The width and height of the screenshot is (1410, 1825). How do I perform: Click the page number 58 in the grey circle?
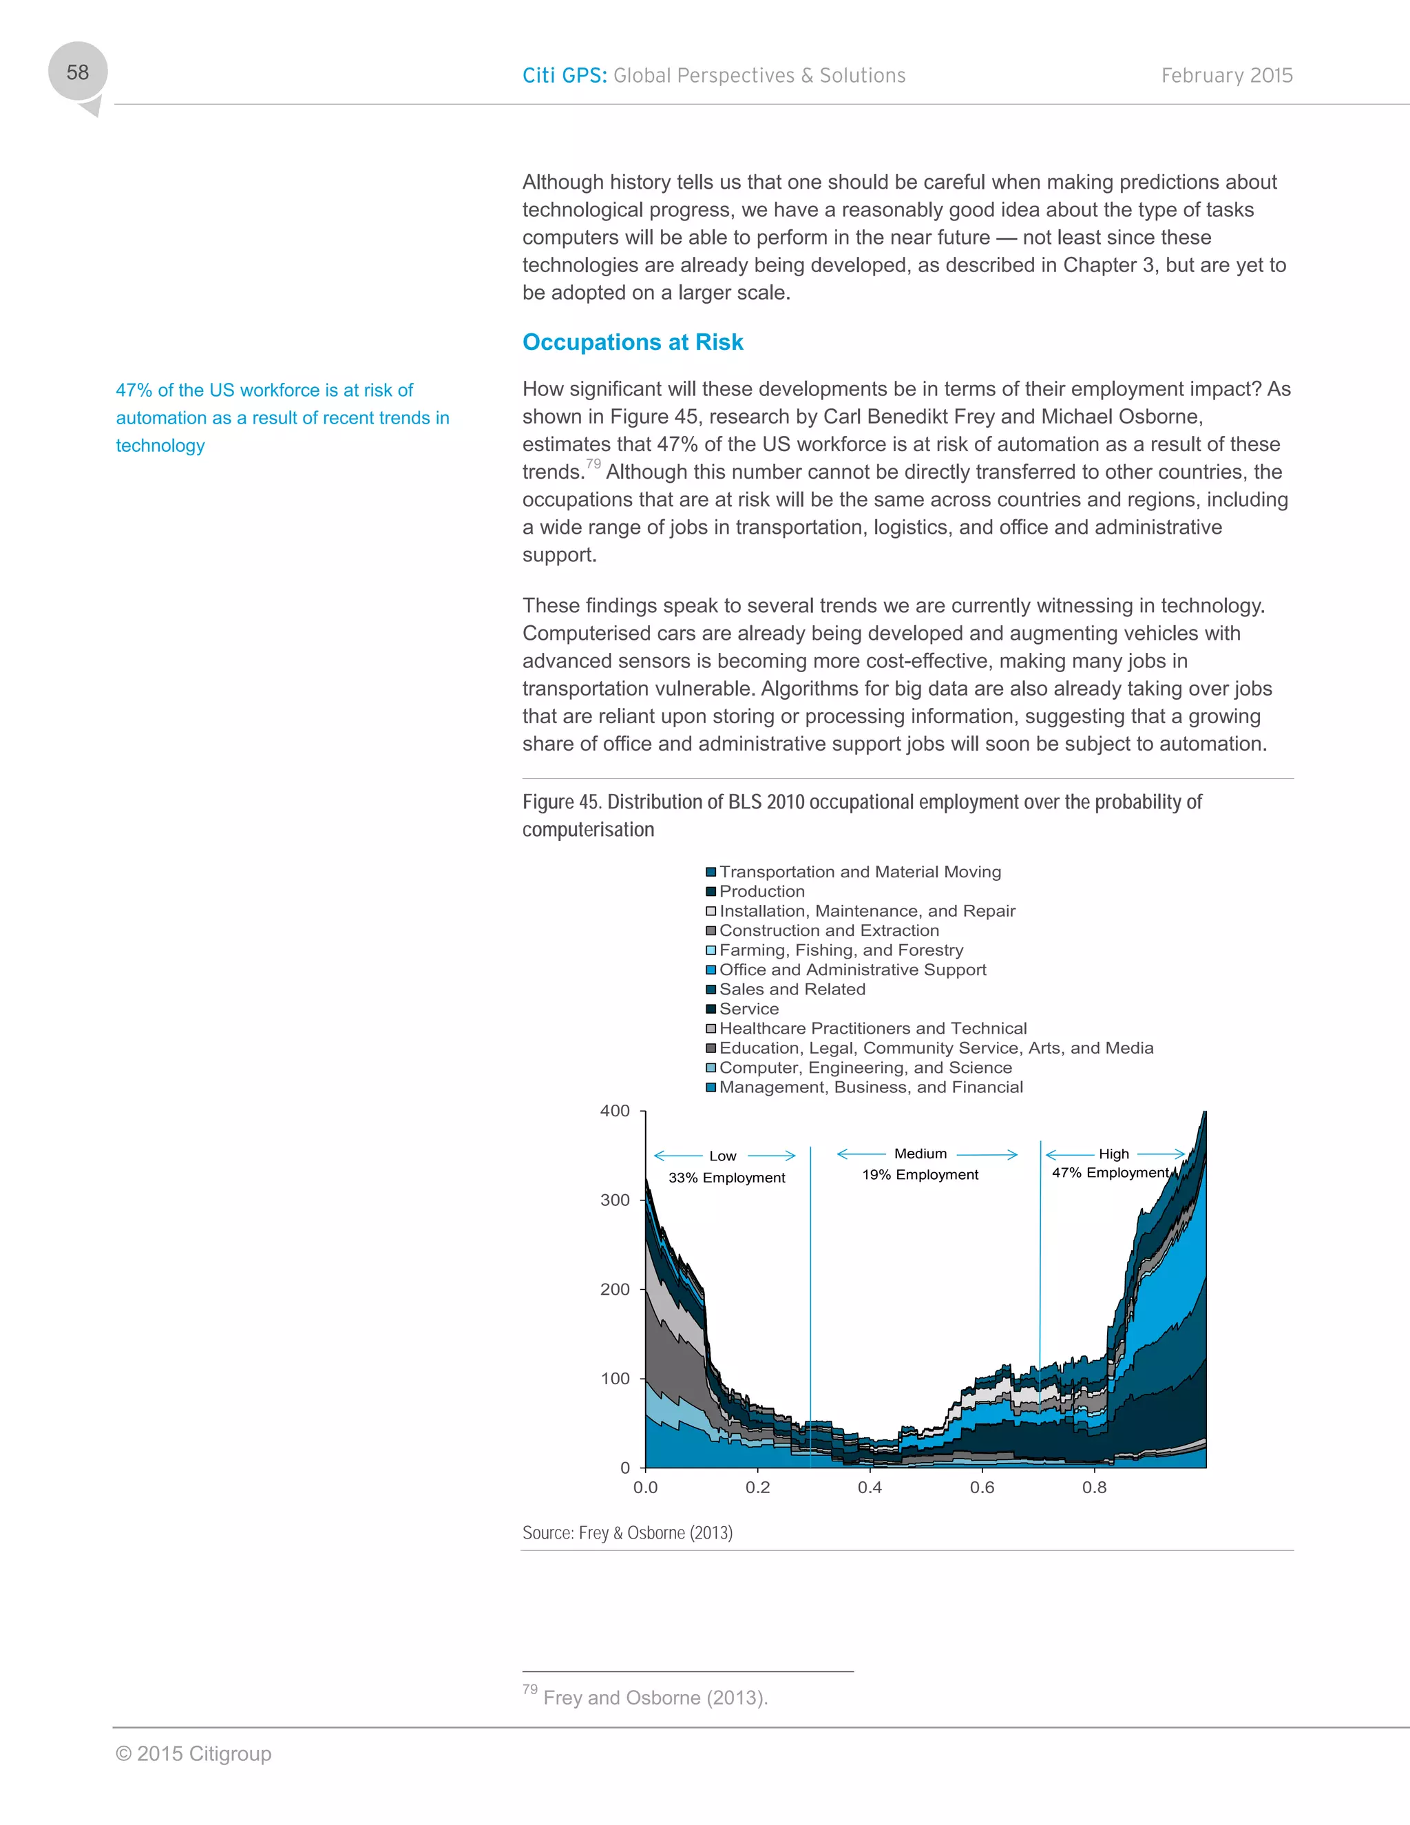pyautogui.click(x=78, y=73)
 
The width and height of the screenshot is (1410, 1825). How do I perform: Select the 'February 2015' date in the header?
pyautogui.click(x=1226, y=76)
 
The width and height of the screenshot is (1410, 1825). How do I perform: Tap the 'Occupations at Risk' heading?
pyautogui.click(x=632, y=342)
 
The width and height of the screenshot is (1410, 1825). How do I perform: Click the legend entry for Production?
pyautogui.click(x=761, y=892)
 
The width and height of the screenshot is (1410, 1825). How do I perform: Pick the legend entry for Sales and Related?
pyautogui.click(x=792, y=990)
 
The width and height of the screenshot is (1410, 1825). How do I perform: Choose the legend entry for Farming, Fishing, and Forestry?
pyautogui.click(x=841, y=950)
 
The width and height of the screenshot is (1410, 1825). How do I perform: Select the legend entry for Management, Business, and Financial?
pyautogui.click(x=870, y=1087)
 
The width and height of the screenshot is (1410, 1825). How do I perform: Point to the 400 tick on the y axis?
pyautogui.click(x=615, y=1111)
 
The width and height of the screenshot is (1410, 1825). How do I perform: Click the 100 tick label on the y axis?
pyautogui.click(x=615, y=1379)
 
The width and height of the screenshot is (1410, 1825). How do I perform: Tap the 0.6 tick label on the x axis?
pyautogui.click(x=982, y=1488)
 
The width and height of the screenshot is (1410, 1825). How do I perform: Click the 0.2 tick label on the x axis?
pyautogui.click(x=757, y=1488)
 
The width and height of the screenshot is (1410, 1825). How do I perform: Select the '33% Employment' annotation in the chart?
pyautogui.click(x=726, y=1178)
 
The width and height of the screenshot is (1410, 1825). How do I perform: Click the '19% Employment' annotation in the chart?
pyautogui.click(x=920, y=1175)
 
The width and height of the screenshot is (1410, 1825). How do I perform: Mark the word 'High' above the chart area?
pyautogui.click(x=1113, y=1154)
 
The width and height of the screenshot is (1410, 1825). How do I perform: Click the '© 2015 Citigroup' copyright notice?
pyautogui.click(x=193, y=1754)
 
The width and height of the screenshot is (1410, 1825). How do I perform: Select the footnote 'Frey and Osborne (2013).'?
pyautogui.click(x=655, y=1698)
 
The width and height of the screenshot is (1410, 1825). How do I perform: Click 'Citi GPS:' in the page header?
pyautogui.click(x=565, y=76)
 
